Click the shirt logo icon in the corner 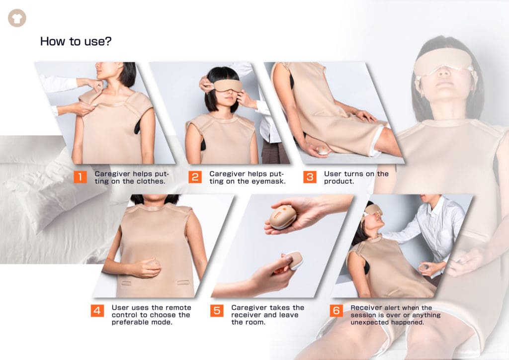(17, 18)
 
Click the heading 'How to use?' (76, 41)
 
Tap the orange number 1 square (80, 177)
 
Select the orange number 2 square (195, 177)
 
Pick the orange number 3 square (310, 177)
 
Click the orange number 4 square (97, 311)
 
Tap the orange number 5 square (217, 311)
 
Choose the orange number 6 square (337, 311)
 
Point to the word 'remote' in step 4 (179, 307)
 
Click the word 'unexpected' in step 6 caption (367, 322)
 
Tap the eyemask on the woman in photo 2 (228, 86)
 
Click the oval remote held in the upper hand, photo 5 (282, 216)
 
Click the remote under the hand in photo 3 (323, 150)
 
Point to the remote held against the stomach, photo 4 (153, 264)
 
